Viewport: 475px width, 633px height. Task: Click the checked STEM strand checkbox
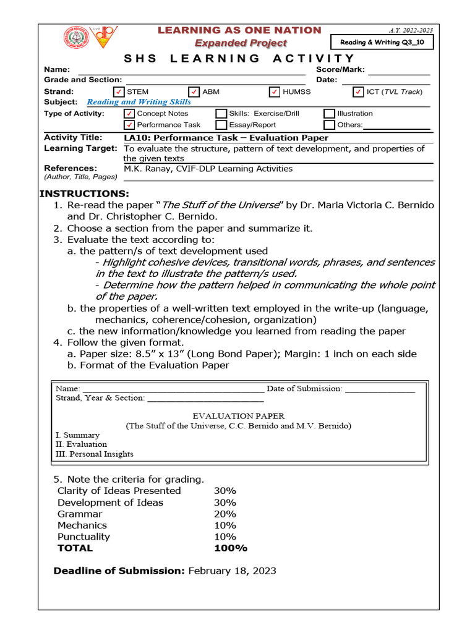coord(120,92)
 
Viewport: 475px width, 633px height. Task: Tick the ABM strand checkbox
coord(194,92)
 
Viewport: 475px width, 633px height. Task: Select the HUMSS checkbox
coord(275,92)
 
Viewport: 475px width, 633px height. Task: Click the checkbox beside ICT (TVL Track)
coord(358,92)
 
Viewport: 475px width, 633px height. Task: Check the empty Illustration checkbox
coord(330,114)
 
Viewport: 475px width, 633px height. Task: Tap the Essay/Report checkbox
coord(221,125)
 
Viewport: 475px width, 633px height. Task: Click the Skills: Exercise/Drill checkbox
coord(221,114)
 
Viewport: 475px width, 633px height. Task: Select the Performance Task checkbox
coord(129,125)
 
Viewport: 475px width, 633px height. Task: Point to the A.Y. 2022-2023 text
coord(411,30)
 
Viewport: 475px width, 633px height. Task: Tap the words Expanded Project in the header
coord(241,43)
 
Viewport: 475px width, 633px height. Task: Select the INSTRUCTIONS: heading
coord(85,193)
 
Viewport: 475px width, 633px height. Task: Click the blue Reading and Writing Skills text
coord(139,102)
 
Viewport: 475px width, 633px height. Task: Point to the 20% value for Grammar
coord(225,514)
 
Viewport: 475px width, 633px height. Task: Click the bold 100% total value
coord(230,548)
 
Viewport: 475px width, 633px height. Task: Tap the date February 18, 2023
coord(232,571)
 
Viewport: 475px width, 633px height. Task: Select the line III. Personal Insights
coord(94,454)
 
